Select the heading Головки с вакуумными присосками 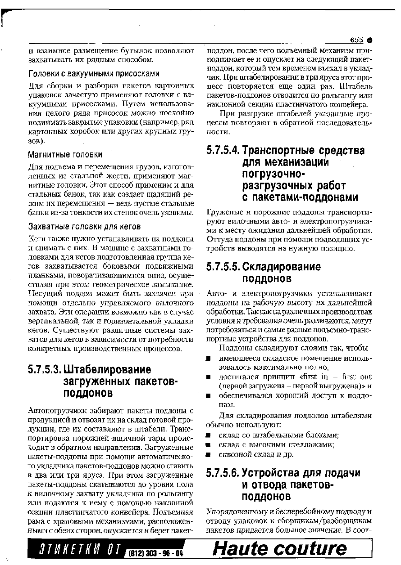coord(94,73)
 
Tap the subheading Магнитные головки coord(65,155)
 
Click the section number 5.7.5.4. coord(223,150)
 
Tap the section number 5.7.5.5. coord(223,267)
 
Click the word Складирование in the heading coord(282,267)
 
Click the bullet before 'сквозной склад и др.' coord(209,455)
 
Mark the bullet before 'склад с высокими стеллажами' coord(209,445)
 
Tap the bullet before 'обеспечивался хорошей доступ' coord(209,396)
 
